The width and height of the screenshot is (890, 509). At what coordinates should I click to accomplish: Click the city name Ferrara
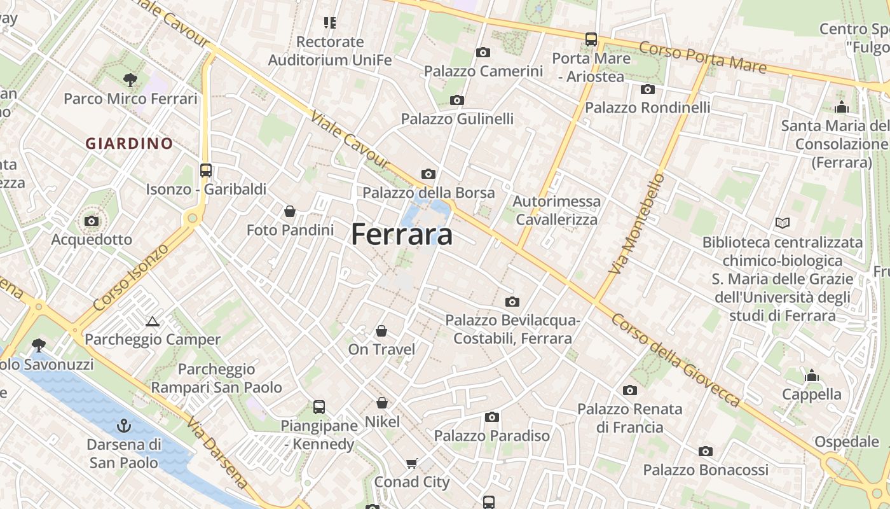[x=402, y=234]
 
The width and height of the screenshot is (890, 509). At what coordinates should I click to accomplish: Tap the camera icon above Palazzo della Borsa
[x=428, y=174]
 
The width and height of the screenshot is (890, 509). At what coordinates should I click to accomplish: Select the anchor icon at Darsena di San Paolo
[x=125, y=426]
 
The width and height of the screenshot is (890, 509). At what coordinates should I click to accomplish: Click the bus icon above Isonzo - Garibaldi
[x=206, y=171]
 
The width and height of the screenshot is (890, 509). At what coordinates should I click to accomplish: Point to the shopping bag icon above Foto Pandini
[x=290, y=211]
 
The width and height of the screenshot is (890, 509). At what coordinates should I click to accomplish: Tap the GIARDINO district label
[x=130, y=144]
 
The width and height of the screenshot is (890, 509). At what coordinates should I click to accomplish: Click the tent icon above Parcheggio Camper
[x=152, y=321]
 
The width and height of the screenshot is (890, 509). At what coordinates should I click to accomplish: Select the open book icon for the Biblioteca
[x=783, y=223]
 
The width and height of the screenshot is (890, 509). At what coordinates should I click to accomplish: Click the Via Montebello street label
[x=636, y=224]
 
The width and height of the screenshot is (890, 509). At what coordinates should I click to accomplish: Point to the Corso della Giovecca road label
[x=676, y=359]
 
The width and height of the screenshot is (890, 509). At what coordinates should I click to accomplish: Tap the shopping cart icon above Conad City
[x=412, y=463]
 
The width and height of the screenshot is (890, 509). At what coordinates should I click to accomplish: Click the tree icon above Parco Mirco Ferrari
[x=130, y=80]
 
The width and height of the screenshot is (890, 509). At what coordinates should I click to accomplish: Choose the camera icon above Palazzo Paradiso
[x=492, y=417]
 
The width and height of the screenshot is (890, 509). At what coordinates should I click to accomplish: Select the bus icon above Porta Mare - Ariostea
[x=591, y=39]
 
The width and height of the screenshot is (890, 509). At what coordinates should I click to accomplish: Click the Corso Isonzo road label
[x=132, y=276]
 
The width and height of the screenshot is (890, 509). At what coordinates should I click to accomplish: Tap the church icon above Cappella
[x=811, y=376]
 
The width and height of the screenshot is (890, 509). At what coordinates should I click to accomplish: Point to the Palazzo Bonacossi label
[x=706, y=470]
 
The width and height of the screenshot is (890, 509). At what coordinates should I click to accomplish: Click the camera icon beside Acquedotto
[x=92, y=221]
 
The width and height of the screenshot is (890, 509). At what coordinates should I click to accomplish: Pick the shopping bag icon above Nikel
[x=382, y=403]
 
